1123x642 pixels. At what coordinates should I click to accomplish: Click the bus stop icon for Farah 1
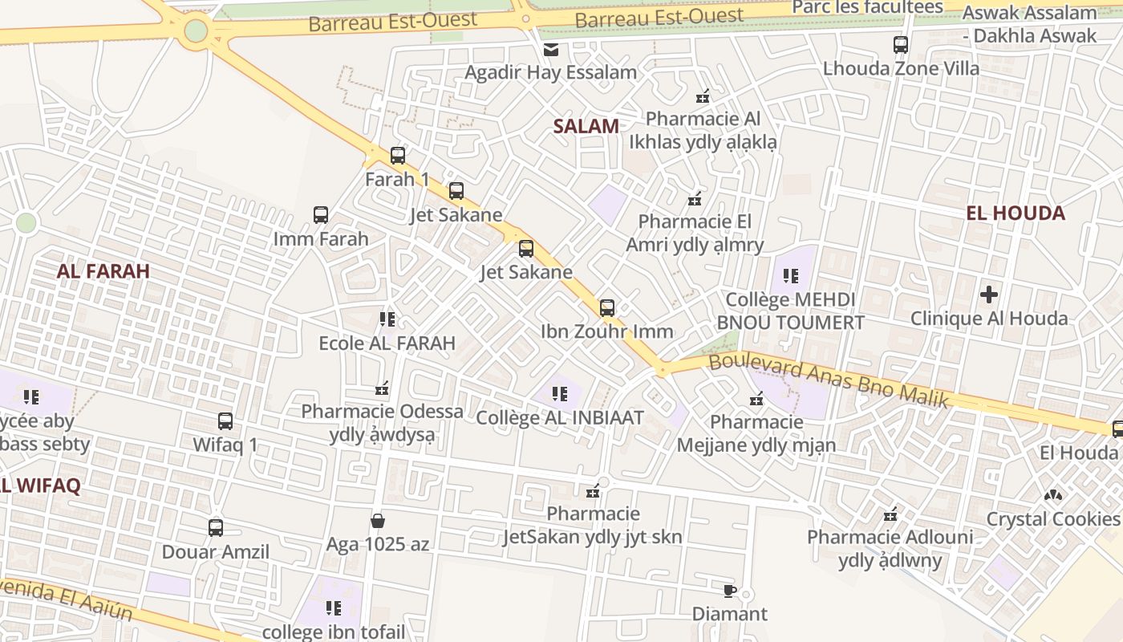point(398,156)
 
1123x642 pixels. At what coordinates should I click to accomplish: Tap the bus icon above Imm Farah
point(321,215)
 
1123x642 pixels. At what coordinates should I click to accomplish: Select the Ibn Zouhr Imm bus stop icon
point(607,308)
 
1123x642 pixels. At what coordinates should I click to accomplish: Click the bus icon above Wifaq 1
point(225,421)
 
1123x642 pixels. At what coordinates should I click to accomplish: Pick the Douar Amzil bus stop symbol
point(216,528)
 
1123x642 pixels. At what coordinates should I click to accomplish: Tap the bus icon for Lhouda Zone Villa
point(901,45)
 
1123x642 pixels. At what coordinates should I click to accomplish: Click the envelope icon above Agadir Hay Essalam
point(551,50)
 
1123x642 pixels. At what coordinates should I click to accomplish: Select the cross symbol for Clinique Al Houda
point(989,295)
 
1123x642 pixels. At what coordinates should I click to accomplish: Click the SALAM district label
point(586,126)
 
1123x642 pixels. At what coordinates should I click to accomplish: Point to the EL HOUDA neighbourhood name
point(1016,213)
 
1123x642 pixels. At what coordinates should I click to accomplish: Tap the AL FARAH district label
point(103,271)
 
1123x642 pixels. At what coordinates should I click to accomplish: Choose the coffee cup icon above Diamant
point(729,591)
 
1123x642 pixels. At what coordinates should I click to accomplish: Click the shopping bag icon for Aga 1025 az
point(378,522)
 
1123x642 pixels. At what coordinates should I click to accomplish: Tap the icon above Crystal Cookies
point(1052,495)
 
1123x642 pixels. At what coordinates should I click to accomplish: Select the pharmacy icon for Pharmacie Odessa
point(383,388)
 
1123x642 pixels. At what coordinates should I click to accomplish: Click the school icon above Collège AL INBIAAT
point(560,394)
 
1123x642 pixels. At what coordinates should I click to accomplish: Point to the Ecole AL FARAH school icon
point(387,319)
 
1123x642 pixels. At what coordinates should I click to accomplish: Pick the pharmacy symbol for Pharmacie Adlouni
point(890,514)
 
